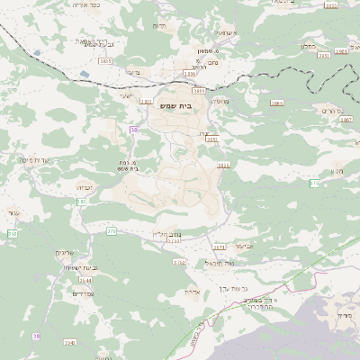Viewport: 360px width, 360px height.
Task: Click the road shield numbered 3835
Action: pyautogui.click(x=105, y=60)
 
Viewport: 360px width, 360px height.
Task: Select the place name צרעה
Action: pyautogui.click(x=133, y=72)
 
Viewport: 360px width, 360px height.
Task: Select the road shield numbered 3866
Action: pyautogui.click(x=275, y=103)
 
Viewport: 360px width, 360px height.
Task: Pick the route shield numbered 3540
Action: pyautogui.click(x=70, y=343)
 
